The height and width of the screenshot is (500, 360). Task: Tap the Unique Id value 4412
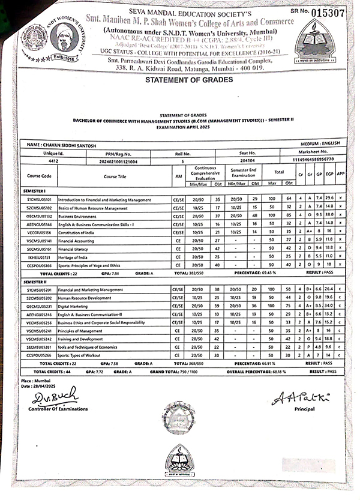pos(53,161)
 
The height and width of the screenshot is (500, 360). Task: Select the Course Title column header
pos(115,176)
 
